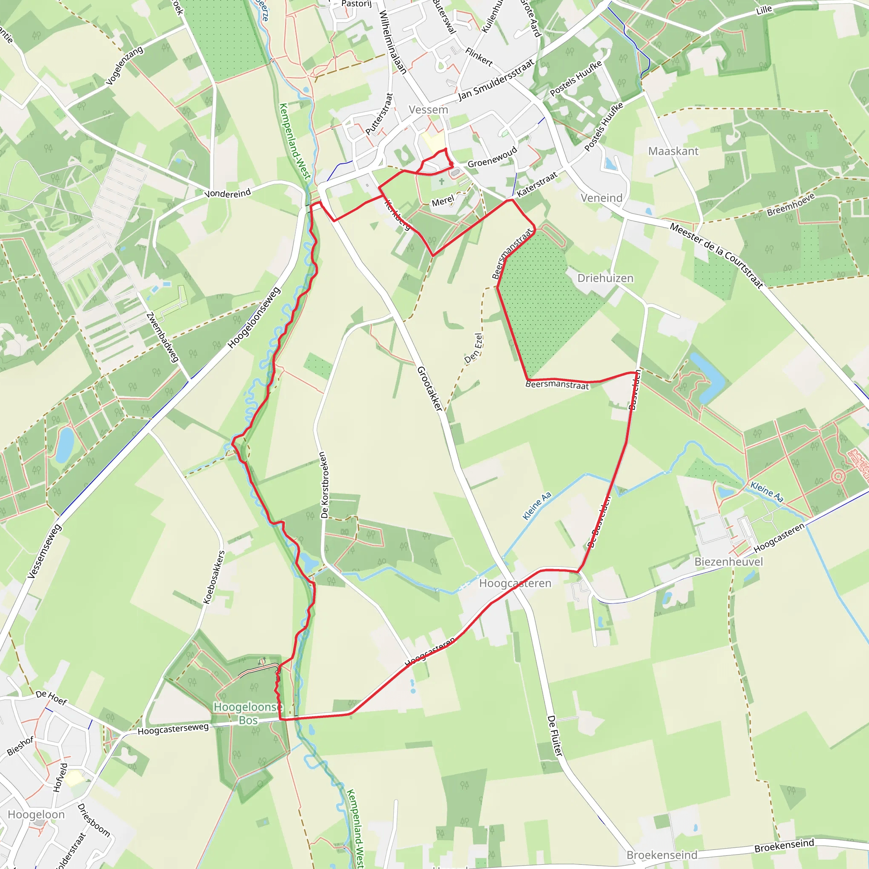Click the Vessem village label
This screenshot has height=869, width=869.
[x=428, y=110]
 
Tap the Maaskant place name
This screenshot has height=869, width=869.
[x=673, y=151]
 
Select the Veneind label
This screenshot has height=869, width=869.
[x=601, y=198]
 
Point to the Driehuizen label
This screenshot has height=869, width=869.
[x=605, y=278]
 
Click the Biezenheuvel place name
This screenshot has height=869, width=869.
[x=729, y=562]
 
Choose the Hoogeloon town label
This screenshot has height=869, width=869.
[x=36, y=815]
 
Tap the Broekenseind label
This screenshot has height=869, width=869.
[x=662, y=855]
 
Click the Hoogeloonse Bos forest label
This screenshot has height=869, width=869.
[x=248, y=713]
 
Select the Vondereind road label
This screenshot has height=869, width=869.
[x=227, y=194]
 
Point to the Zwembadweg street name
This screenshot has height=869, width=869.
[x=163, y=337]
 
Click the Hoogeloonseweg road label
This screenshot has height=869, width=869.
[x=254, y=318]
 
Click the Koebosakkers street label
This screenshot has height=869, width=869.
[x=214, y=577]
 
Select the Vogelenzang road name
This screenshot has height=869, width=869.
[x=124, y=66]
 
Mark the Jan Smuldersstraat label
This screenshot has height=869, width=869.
[x=496, y=81]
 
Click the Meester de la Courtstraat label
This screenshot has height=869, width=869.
[x=717, y=255]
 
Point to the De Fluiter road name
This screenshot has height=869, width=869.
[x=555, y=735]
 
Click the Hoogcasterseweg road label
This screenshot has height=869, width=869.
[x=173, y=729]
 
